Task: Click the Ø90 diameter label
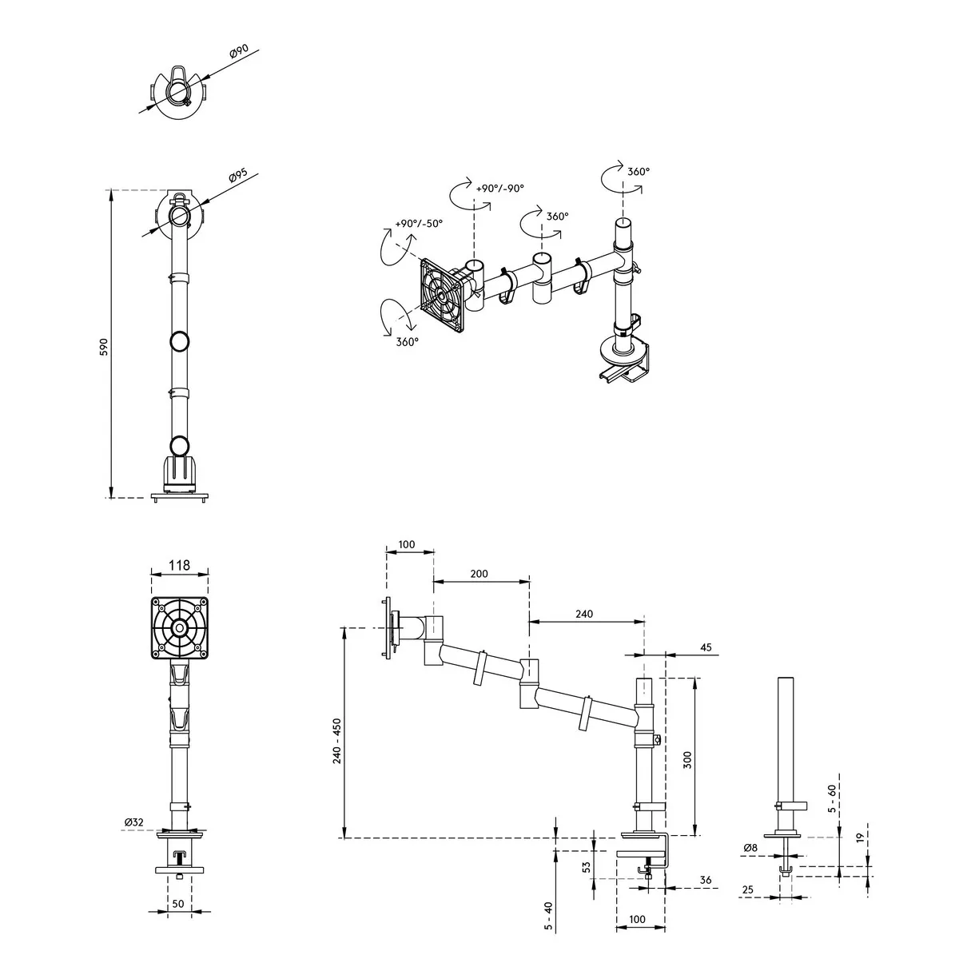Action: pos(238,52)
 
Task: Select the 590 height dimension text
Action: pos(104,347)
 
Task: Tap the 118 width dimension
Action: pos(179,565)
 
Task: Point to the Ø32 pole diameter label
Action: pos(134,822)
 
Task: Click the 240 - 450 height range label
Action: pos(337,741)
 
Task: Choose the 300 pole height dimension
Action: pos(687,760)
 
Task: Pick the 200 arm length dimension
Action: pos(479,574)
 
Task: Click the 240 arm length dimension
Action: pos(583,614)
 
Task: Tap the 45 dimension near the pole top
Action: pos(706,647)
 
